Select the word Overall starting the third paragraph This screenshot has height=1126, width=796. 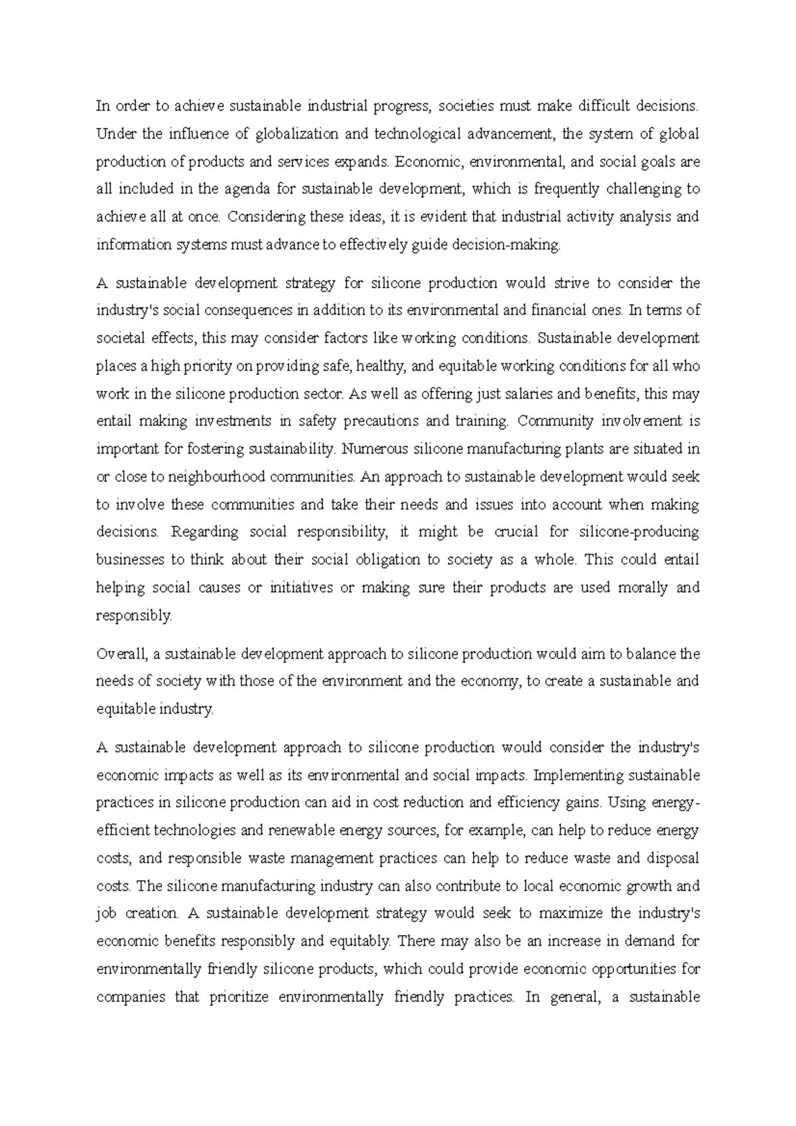[121, 655]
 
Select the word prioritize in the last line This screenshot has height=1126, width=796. [239, 997]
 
